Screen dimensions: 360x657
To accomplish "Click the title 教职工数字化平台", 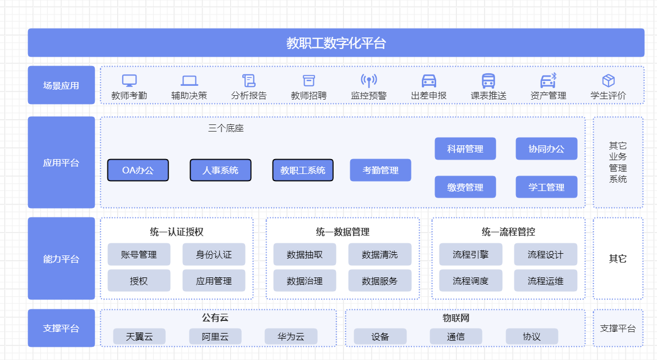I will click(336, 43).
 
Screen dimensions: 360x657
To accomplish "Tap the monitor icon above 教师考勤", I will click(129, 80).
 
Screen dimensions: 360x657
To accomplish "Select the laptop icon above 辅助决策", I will click(189, 81).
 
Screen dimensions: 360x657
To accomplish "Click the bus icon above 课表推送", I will click(488, 81).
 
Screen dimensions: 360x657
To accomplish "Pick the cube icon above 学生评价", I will click(608, 81).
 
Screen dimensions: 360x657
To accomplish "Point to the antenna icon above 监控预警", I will click(369, 80).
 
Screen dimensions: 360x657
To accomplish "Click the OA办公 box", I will click(138, 170).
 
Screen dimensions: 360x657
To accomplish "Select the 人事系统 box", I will click(220, 170).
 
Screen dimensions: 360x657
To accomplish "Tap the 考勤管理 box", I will click(381, 170).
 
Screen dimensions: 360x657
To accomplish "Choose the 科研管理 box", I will click(465, 149).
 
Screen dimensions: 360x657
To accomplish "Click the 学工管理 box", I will click(546, 187).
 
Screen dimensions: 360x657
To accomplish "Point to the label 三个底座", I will click(226, 128).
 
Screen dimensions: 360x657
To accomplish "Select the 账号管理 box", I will click(139, 254).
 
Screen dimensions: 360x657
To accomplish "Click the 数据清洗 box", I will click(379, 254).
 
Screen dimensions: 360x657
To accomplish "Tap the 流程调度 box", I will click(470, 281).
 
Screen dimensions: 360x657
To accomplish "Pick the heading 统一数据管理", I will click(343, 232).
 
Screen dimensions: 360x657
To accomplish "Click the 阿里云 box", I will click(215, 337).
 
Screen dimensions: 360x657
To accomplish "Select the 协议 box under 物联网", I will click(531, 337).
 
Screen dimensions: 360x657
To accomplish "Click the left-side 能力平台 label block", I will click(61, 259).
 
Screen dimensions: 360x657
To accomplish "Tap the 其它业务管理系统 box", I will click(618, 162).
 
